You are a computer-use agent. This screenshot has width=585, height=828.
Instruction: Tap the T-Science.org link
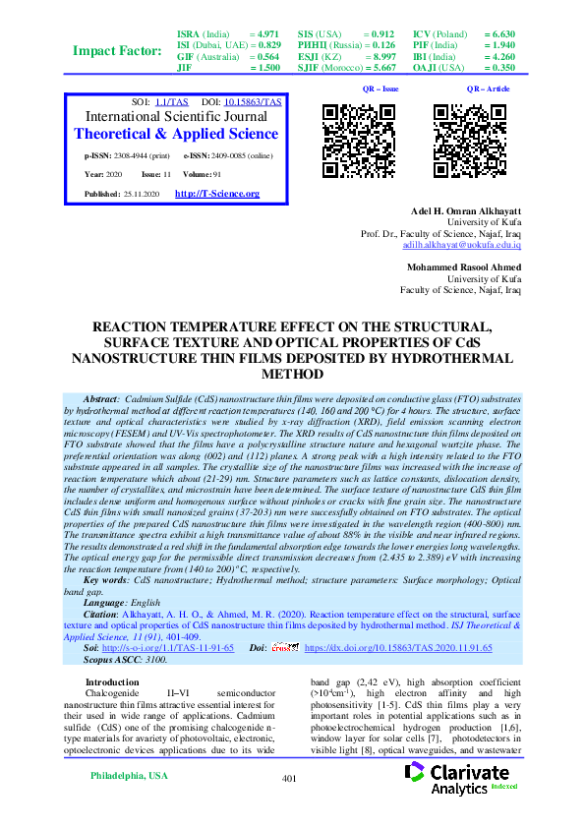pos(216,194)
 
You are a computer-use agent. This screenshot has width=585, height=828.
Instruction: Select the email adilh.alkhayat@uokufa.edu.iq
pos(465,245)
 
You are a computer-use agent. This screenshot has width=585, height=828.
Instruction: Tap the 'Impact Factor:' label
pos(115,51)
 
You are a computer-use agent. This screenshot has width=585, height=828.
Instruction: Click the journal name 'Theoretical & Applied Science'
pos(176,134)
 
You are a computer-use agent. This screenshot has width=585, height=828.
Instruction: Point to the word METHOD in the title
pos(292,375)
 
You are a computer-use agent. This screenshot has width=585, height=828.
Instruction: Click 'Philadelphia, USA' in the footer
pos(129,776)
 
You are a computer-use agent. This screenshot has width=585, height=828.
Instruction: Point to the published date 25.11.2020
pos(143,195)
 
